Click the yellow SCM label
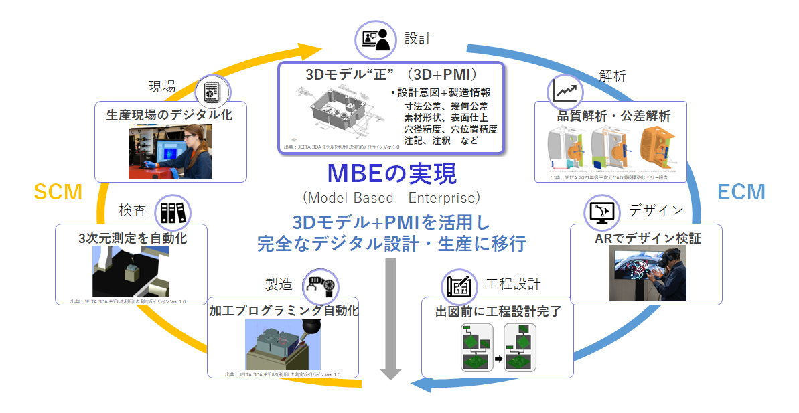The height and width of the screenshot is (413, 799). point(58,193)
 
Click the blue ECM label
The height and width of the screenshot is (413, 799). point(741,193)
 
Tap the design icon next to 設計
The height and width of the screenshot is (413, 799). point(374,39)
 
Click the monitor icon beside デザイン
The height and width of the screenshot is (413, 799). point(601,212)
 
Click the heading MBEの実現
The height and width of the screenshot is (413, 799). point(391,175)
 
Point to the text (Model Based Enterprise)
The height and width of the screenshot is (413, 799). point(391,198)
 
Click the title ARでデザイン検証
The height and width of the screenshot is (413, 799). point(648,238)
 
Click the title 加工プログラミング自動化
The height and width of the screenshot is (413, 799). point(284,311)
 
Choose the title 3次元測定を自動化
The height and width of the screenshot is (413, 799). point(132,238)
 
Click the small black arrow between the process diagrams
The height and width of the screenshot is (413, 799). point(498,359)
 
